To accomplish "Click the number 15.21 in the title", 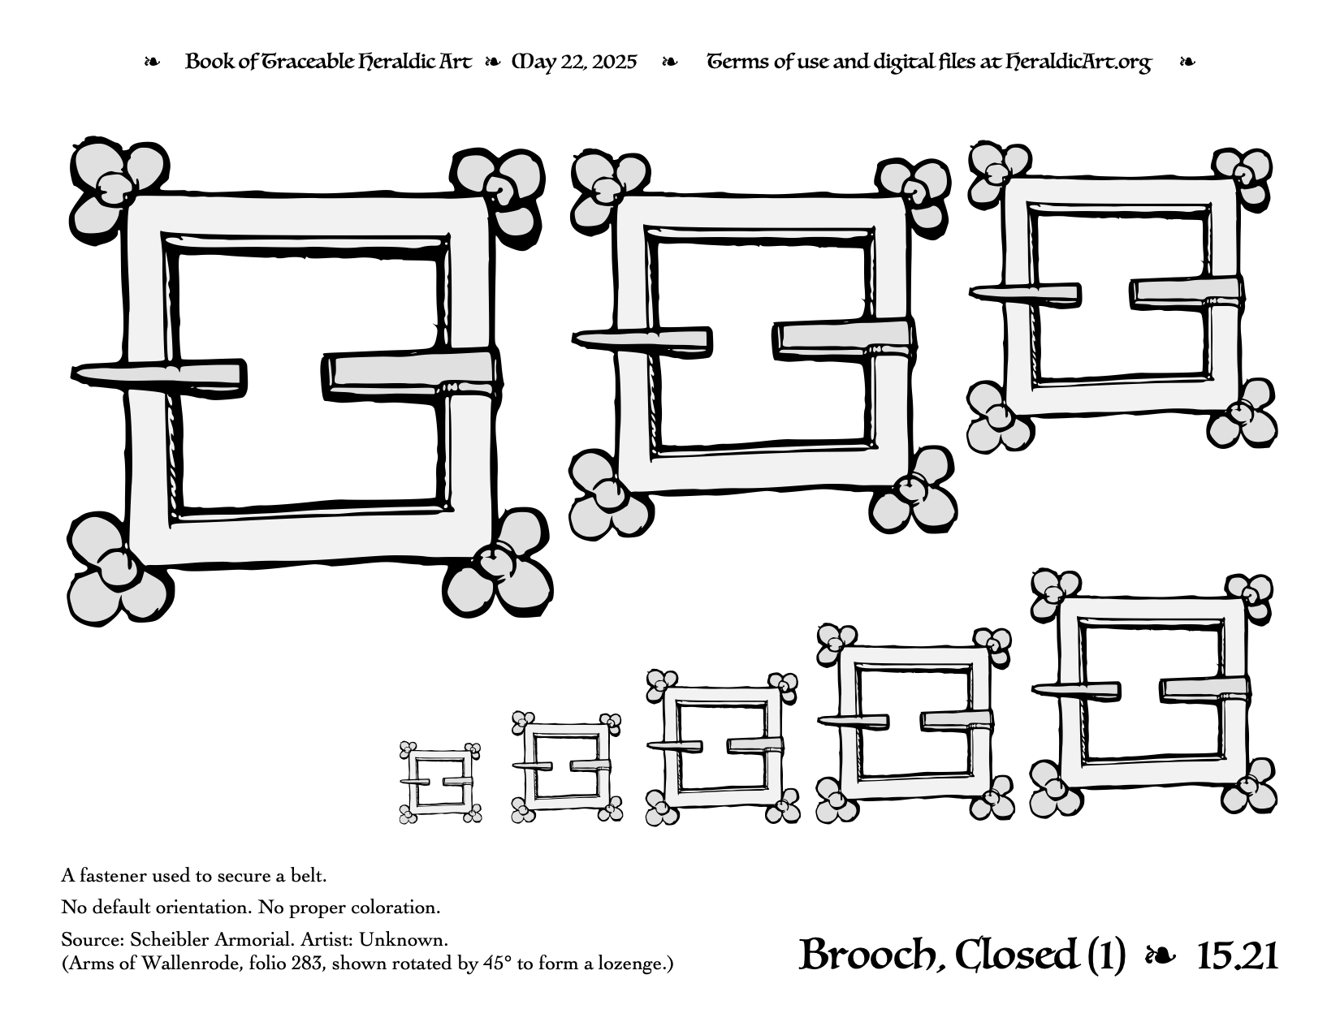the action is point(1237,956).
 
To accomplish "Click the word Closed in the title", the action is point(1016,956).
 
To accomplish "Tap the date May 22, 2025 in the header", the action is point(574,63).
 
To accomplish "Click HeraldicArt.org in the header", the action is point(1078,63).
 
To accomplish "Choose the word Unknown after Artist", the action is point(404,940).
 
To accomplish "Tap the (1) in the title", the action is point(1107,956).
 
